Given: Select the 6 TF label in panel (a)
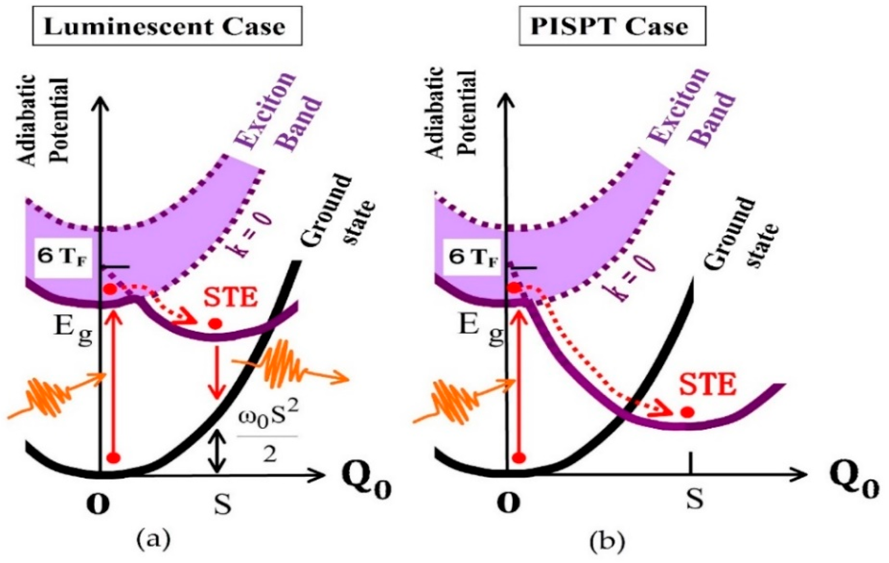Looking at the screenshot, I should tap(64, 257).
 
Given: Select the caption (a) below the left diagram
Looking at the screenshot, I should tap(153, 540).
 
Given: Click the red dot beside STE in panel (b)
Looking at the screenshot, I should tap(686, 412).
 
